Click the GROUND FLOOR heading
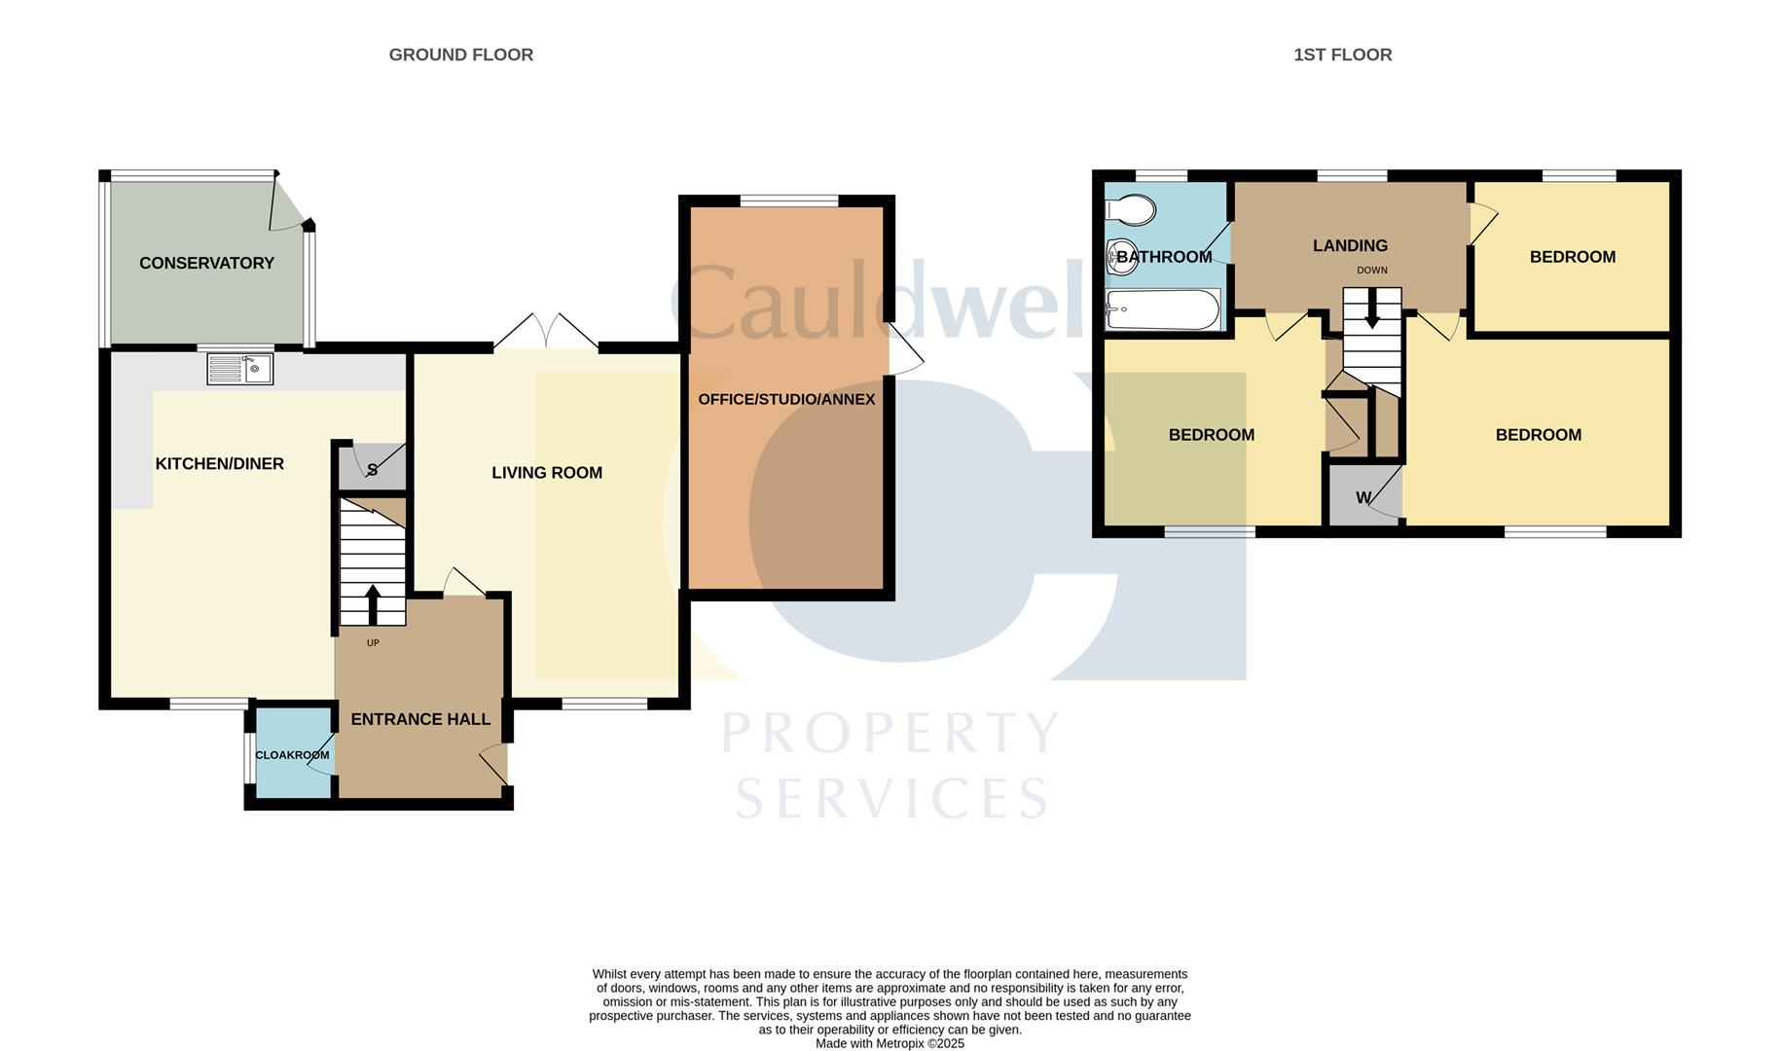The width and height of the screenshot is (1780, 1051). pyautogui.click(x=460, y=55)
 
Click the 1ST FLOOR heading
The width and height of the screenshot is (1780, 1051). pyautogui.click(x=1342, y=55)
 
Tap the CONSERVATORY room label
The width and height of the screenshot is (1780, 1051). pyautogui.click(x=206, y=263)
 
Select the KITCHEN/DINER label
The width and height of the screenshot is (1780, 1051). pyautogui.click(x=220, y=464)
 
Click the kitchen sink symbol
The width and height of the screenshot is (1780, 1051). pyautogui.click(x=240, y=369)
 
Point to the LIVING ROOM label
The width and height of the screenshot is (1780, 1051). pyautogui.click(x=547, y=473)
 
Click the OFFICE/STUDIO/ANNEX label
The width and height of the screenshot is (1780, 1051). pyautogui.click(x=786, y=399)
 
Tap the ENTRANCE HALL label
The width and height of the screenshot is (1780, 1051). pyautogui.click(x=420, y=719)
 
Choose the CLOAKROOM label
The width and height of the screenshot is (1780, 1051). pyautogui.click(x=292, y=755)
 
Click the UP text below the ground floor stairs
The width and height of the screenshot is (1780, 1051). pyautogui.click(x=373, y=643)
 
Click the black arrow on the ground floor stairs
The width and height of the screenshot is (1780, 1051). pyautogui.click(x=373, y=604)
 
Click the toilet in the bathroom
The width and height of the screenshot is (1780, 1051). pyautogui.click(x=1130, y=209)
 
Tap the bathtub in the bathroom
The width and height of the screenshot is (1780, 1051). pyautogui.click(x=1163, y=309)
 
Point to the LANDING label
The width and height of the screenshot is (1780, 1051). pyautogui.click(x=1350, y=246)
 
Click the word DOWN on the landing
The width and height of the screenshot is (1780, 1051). pyautogui.click(x=1372, y=271)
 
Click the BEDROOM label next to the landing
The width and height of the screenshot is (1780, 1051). pyautogui.click(x=1573, y=257)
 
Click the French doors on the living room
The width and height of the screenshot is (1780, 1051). pyautogui.click(x=546, y=331)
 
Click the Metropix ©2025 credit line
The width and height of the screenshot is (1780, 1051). pyautogui.click(x=890, y=1043)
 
